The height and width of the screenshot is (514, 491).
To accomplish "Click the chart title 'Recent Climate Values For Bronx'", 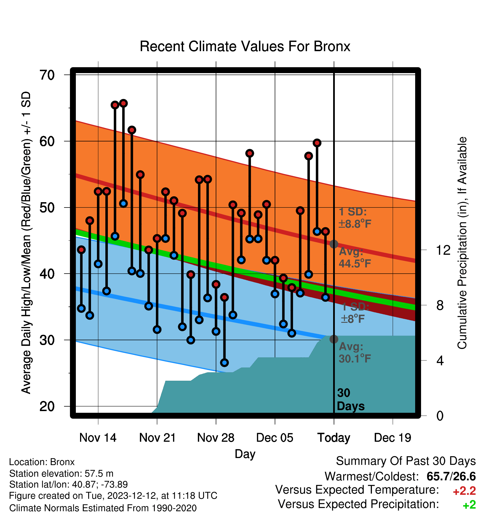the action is tap(245, 46).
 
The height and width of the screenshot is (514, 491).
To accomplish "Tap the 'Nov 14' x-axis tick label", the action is tap(98, 438).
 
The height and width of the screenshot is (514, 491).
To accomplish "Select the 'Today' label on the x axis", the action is tap(334, 438).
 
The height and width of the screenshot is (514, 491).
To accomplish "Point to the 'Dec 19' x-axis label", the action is tap(392, 438).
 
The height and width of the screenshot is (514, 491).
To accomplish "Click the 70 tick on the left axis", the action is tap(47, 75).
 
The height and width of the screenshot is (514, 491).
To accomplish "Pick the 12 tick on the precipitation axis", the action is tap(443, 250).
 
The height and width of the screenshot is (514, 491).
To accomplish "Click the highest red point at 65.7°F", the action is tap(123, 103).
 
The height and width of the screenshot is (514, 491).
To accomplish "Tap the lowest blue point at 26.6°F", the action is tap(224, 362).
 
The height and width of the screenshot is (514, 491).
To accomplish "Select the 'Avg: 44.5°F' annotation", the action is tap(355, 258).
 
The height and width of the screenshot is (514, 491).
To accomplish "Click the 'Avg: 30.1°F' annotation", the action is tap(355, 353).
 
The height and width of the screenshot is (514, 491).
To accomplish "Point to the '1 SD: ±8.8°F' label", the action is tap(355, 218).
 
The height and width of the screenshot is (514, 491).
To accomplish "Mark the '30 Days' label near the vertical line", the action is tap(351, 400).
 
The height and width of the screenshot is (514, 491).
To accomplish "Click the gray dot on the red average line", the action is tap(334, 244).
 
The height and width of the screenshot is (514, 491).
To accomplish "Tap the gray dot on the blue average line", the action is tap(334, 339).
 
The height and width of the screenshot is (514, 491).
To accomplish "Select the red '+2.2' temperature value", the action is tap(464, 491).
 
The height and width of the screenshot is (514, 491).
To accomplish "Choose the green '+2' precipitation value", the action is tap(469, 505).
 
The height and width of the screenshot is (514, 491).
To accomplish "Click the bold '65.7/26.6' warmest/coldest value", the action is tap(451, 476).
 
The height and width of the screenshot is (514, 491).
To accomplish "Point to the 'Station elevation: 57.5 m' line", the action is tap(61, 474).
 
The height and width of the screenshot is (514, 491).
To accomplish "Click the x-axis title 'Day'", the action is tap(245, 454).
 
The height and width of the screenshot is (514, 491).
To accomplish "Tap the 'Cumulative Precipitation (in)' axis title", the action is tap(462, 243).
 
